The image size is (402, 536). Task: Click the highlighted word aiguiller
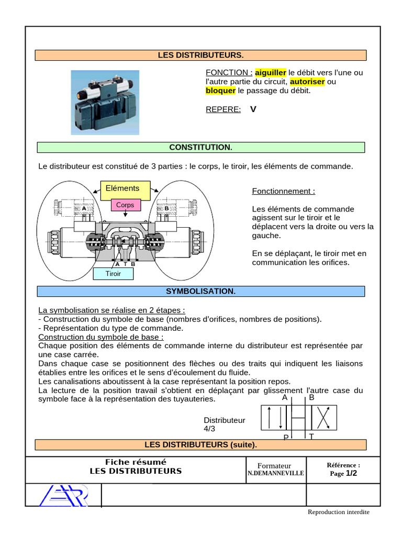click(271, 72)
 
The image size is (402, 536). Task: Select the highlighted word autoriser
click(307, 82)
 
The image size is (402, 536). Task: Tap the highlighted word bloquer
click(220, 91)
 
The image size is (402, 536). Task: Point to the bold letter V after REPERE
click(253, 109)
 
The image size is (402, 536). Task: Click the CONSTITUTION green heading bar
click(200, 148)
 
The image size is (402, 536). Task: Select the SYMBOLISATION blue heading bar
click(200, 291)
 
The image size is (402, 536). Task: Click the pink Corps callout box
click(125, 205)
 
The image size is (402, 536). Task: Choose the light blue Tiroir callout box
click(113, 273)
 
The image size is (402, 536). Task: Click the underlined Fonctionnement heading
click(284, 191)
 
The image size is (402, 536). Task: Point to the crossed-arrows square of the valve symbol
click(325, 418)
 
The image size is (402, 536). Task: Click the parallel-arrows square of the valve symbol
click(273, 418)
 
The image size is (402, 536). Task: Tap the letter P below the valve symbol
click(286, 437)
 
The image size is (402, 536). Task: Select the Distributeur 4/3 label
click(224, 424)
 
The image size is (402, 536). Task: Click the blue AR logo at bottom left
click(64, 495)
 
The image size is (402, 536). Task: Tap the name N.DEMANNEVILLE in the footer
click(275, 473)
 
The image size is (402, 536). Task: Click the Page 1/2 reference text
click(343, 473)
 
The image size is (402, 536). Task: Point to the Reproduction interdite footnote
click(339, 512)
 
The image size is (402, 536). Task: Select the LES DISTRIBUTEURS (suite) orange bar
click(200, 445)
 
